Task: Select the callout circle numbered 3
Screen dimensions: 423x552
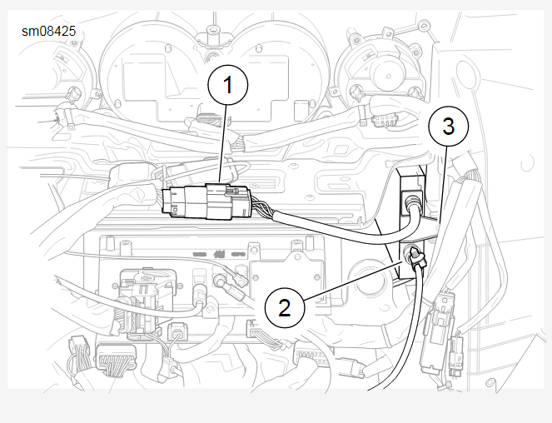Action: tap(448, 127)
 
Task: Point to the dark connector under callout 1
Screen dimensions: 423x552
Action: tap(204, 200)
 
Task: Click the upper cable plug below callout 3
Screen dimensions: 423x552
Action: tap(410, 200)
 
